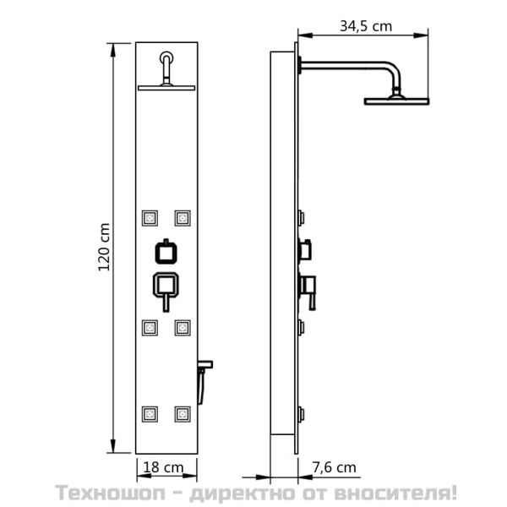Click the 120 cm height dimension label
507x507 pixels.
[x=104, y=247]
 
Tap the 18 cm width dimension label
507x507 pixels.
[x=163, y=467]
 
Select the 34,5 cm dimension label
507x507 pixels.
[x=366, y=26]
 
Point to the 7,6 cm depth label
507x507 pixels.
[x=334, y=467]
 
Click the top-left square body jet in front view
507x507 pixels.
[x=150, y=218]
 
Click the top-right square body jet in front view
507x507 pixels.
[x=183, y=218]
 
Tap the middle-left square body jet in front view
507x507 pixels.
[x=150, y=328]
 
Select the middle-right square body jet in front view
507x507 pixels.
[x=183, y=328]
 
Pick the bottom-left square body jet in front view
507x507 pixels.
[x=150, y=414]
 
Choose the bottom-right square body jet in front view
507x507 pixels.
[x=183, y=414]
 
